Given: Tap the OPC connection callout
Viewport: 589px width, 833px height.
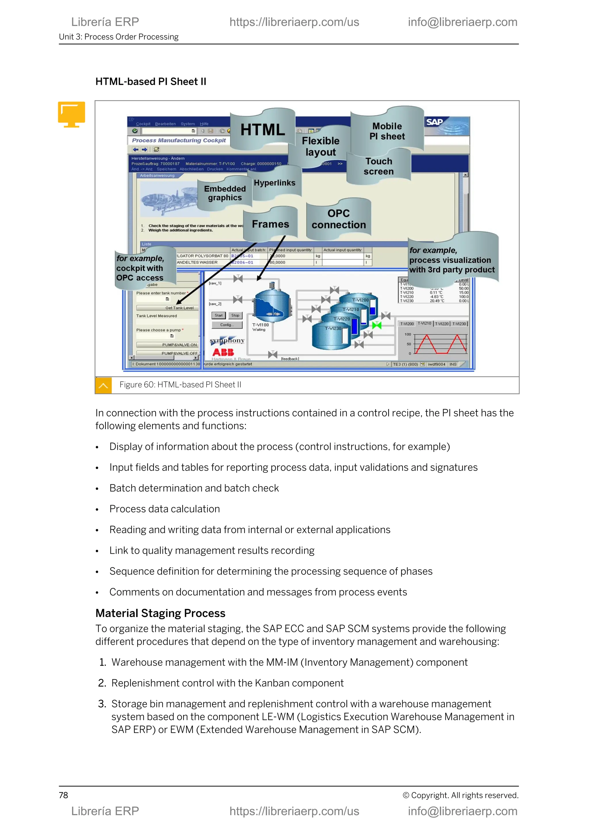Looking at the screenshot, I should coord(339,219).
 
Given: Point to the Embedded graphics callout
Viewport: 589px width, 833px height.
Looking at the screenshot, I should coord(225,193).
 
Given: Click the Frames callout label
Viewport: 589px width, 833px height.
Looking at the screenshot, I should coord(270,224).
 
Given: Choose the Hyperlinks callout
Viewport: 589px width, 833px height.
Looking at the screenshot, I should coord(275,183).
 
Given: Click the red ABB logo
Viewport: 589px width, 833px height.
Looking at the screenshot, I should coord(223,352).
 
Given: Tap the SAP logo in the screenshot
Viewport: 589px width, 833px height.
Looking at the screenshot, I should coord(434,122).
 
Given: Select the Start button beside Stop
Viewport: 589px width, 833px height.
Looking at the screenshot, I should coord(218,315).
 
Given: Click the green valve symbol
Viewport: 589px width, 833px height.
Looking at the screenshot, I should coord(377,325).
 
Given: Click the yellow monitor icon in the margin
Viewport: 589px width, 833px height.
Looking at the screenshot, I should coord(71,114).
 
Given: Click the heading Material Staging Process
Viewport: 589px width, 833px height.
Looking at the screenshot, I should coord(160,613).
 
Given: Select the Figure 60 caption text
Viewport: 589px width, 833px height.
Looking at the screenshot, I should coord(180,385).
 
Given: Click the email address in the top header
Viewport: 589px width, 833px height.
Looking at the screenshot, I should coord(462,22).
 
